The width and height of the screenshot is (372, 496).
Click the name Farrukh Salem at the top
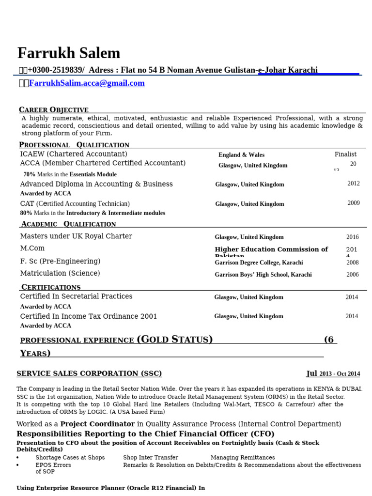pos(68,53)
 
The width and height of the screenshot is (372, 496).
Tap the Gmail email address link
pos(87,83)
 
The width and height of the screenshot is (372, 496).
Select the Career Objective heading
pos(54,110)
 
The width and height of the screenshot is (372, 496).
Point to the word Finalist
pos(345,155)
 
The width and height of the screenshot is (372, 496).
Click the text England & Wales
pos(241,155)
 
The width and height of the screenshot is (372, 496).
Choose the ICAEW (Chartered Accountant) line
pos(74,154)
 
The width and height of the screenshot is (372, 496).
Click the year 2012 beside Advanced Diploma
pos(354,184)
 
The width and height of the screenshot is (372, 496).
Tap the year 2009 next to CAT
pos(354,203)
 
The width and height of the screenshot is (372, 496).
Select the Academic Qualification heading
pos(68,224)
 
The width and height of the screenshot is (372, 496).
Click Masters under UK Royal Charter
pos(76,236)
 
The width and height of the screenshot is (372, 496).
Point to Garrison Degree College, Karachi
pos(259,263)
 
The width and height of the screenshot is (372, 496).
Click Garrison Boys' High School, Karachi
pos(263,275)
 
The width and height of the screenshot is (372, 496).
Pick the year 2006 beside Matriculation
pos(353,275)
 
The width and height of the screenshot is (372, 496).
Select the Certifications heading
pos(51,287)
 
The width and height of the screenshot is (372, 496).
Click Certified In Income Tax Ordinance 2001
pos(89,316)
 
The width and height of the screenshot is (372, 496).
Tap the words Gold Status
pos(175,340)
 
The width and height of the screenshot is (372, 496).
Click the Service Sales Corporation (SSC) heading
pos(89,373)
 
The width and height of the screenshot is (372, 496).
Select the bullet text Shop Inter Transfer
pos(151,458)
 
